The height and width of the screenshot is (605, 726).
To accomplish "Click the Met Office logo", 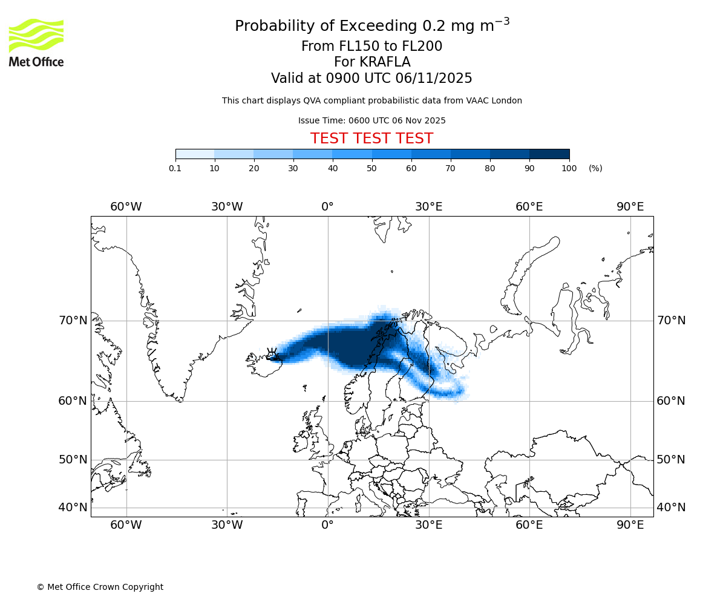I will point(36,42).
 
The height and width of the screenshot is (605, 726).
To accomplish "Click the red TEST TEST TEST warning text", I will point(371,139).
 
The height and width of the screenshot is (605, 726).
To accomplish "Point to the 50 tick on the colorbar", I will point(372,168).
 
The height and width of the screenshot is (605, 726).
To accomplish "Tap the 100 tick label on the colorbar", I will point(569,168).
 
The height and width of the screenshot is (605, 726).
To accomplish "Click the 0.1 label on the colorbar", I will point(175,168).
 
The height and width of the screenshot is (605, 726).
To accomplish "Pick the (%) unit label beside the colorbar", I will point(595,168).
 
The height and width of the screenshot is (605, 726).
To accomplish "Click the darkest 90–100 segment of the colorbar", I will point(549,154).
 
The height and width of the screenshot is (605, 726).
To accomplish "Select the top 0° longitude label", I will point(328,207).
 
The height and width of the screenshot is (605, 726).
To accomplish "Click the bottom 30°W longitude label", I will point(227,525).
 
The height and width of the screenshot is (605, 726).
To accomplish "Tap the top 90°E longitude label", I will point(630,207).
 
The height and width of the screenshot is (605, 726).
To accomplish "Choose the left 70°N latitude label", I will point(73,321).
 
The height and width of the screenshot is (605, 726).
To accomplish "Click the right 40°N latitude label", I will point(671,508).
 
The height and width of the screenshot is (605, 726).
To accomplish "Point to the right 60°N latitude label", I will point(671,401).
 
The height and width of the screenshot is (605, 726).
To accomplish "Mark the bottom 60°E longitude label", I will point(529,525).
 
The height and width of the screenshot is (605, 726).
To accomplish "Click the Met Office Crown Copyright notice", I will point(100,587).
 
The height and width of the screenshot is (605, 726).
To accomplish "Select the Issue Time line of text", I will point(371,120).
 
